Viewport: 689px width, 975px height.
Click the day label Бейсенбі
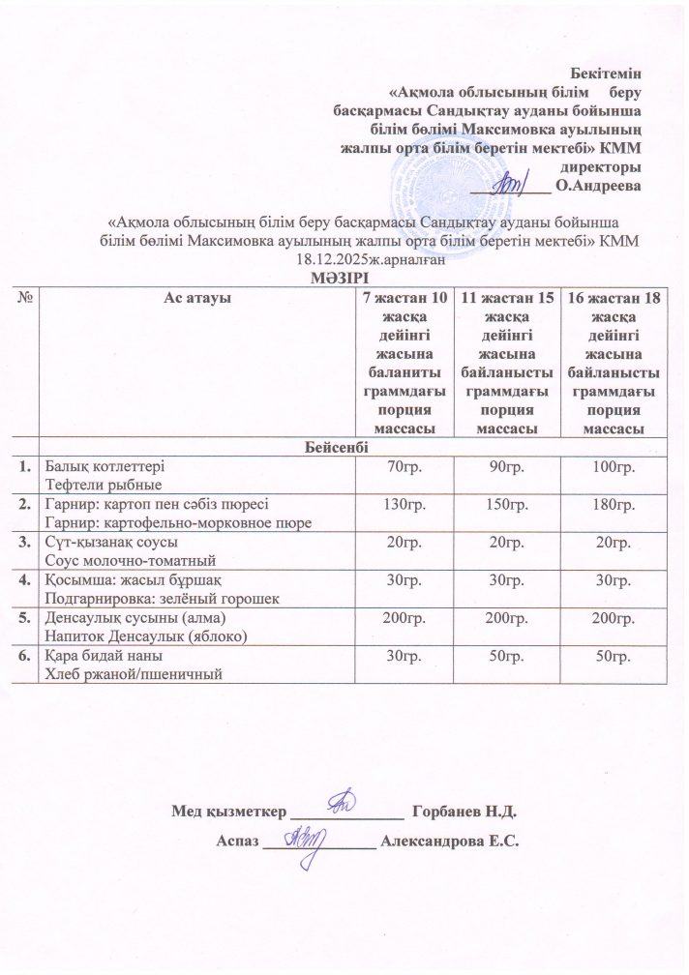(344, 445)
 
